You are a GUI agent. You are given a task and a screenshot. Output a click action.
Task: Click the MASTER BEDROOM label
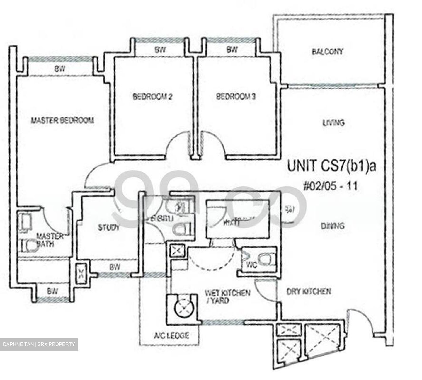pos(62,120)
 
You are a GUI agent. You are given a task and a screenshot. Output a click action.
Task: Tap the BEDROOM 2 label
pos(152,97)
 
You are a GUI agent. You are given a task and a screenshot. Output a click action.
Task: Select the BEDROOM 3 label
pos(236,97)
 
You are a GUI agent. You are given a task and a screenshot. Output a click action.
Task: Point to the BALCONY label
pos(327,52)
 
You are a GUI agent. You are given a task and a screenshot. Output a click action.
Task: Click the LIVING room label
pos(333,122)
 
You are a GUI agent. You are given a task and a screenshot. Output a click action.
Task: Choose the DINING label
pos(333,226)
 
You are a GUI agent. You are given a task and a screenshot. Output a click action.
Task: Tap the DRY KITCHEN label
pos(309,291)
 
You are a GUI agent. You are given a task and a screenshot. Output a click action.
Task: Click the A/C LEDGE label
pos(171,335)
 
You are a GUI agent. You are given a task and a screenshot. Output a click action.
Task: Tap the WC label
pos(251,265)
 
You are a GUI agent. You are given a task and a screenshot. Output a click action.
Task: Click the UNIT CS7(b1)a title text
pos(331,167)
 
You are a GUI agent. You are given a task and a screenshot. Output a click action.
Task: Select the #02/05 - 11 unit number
pos(331,186)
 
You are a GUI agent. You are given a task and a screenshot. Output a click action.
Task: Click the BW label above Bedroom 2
pos(160,50)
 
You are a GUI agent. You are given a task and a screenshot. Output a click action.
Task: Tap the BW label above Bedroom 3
pos(232,50)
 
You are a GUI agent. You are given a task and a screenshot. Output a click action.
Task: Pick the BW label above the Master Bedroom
pos(59,69)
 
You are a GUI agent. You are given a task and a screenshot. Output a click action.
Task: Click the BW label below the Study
pos(115,267)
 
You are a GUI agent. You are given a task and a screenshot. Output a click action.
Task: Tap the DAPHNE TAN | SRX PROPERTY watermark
pos(39,344)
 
